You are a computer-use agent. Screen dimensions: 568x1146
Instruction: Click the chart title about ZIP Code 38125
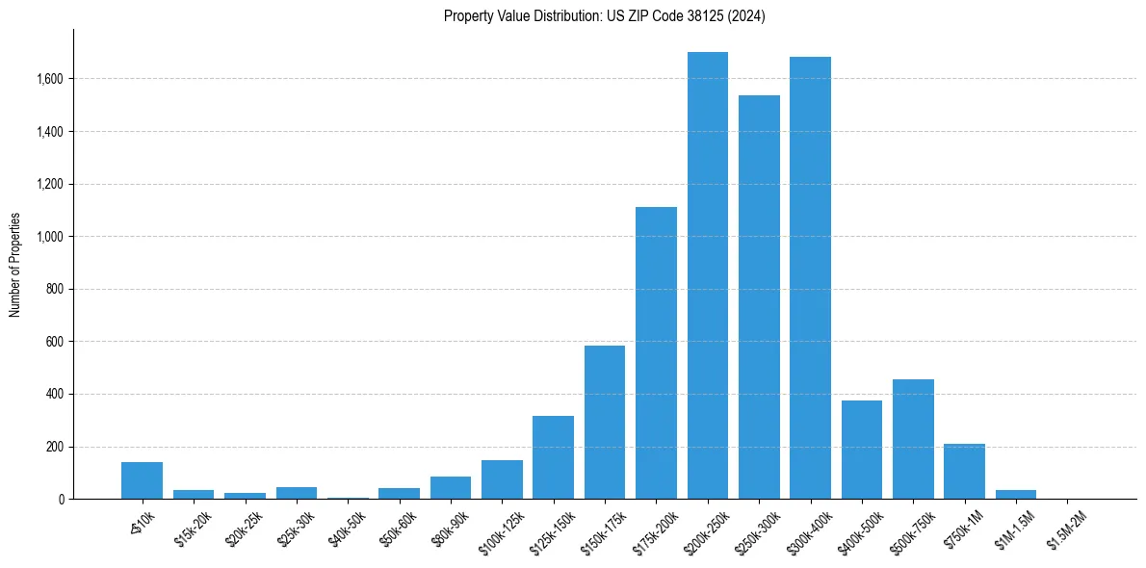pos(605,16)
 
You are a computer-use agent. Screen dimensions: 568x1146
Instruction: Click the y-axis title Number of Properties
pos(15,265)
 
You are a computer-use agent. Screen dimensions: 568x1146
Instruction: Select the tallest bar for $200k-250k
pos(707,275)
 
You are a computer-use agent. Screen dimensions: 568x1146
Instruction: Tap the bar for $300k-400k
pos(810,278)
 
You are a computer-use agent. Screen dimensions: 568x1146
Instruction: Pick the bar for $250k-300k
pos(759,297)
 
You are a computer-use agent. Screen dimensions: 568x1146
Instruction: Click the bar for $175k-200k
pos(656,353)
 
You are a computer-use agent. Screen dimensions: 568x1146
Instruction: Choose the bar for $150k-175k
pos(605,423)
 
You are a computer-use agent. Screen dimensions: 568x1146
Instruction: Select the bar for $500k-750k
pos(913,439)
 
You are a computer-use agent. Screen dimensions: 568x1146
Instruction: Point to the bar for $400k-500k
pos(861,450)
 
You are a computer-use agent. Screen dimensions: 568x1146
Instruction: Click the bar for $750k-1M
pos(964,472)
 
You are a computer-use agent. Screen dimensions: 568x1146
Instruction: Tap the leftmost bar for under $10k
pos(142,480)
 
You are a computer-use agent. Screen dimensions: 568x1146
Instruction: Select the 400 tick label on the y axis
pos(56,395)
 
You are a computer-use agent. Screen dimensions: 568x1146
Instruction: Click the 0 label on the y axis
pos(62,500)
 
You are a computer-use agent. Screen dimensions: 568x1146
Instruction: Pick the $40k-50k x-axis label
pos(347,527)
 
